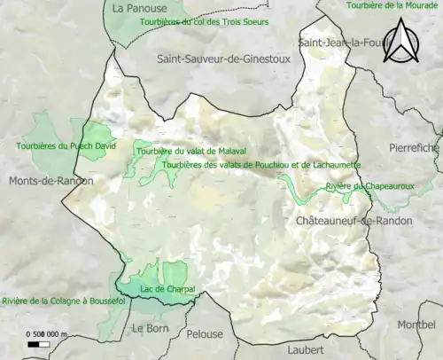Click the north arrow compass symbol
point(404,40)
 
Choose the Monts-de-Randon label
point(51,181)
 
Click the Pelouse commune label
point(206,334)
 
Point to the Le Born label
point(149,328)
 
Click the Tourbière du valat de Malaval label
point(191,152)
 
